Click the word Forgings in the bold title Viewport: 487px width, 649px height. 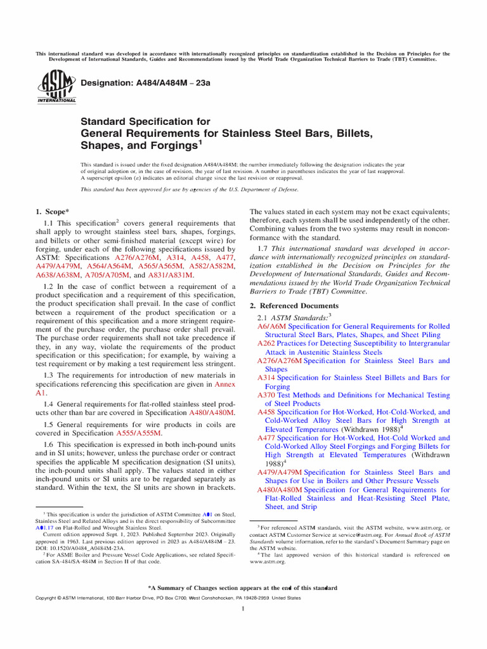point(170,146)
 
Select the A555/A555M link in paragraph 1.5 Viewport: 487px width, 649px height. point(139,433)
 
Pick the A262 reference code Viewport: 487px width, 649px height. point(266,343)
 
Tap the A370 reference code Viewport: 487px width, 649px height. point(266,395)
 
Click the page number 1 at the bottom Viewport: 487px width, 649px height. point(243,609)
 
